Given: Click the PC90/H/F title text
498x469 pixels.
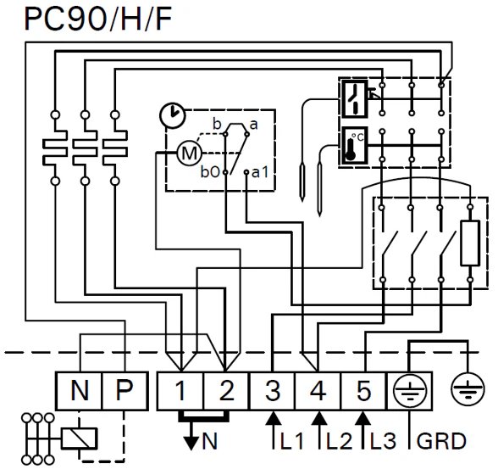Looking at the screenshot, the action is (98, 19).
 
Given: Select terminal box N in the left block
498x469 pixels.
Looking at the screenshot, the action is (79, 391).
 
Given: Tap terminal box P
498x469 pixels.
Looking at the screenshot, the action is (125, 391).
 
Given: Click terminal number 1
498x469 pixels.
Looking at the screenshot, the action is (180, 390).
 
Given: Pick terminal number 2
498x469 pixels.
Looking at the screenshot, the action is (226, 390).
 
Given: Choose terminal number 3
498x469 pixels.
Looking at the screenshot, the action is (273, 390).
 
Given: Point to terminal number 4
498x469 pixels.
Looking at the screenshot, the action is (318, 390).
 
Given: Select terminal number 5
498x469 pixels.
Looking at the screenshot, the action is (364, 390).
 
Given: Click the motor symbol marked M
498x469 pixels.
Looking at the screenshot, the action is (189, 154).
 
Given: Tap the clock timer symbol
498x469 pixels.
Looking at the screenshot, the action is (172, 115).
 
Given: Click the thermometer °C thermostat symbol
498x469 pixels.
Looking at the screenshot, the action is (354, 145).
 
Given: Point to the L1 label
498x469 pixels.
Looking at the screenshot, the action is (292, 441).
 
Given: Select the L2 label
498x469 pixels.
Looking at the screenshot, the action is (339, 441).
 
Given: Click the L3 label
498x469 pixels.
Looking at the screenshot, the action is (384, 441).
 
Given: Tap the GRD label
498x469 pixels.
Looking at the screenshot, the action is (441, 441).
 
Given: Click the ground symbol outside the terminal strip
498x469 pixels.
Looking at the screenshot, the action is (468, 389).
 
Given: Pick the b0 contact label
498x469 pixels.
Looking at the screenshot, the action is (210, 172).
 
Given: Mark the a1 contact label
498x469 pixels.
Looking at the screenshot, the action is (260, 172).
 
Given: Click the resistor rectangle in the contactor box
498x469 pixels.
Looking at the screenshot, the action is (470, 243).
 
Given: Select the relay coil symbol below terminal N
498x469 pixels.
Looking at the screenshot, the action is (79, 438).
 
